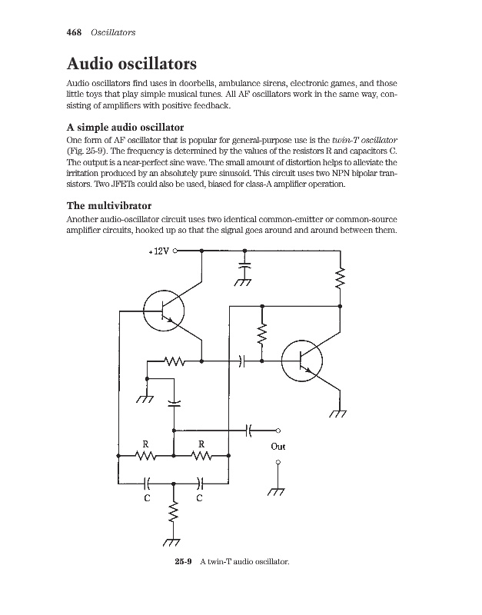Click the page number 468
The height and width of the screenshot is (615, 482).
76,32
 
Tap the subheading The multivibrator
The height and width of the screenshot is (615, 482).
109,206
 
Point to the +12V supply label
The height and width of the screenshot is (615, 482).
159,251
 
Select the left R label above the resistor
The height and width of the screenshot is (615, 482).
146,444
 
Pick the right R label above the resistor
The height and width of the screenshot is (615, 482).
201,444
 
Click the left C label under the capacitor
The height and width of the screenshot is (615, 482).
146,498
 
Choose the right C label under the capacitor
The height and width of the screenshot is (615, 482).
199,498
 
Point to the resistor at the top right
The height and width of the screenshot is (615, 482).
340,280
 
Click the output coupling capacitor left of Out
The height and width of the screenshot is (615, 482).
249,430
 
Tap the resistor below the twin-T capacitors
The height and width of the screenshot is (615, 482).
174,513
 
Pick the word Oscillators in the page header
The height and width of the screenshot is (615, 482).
113,32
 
